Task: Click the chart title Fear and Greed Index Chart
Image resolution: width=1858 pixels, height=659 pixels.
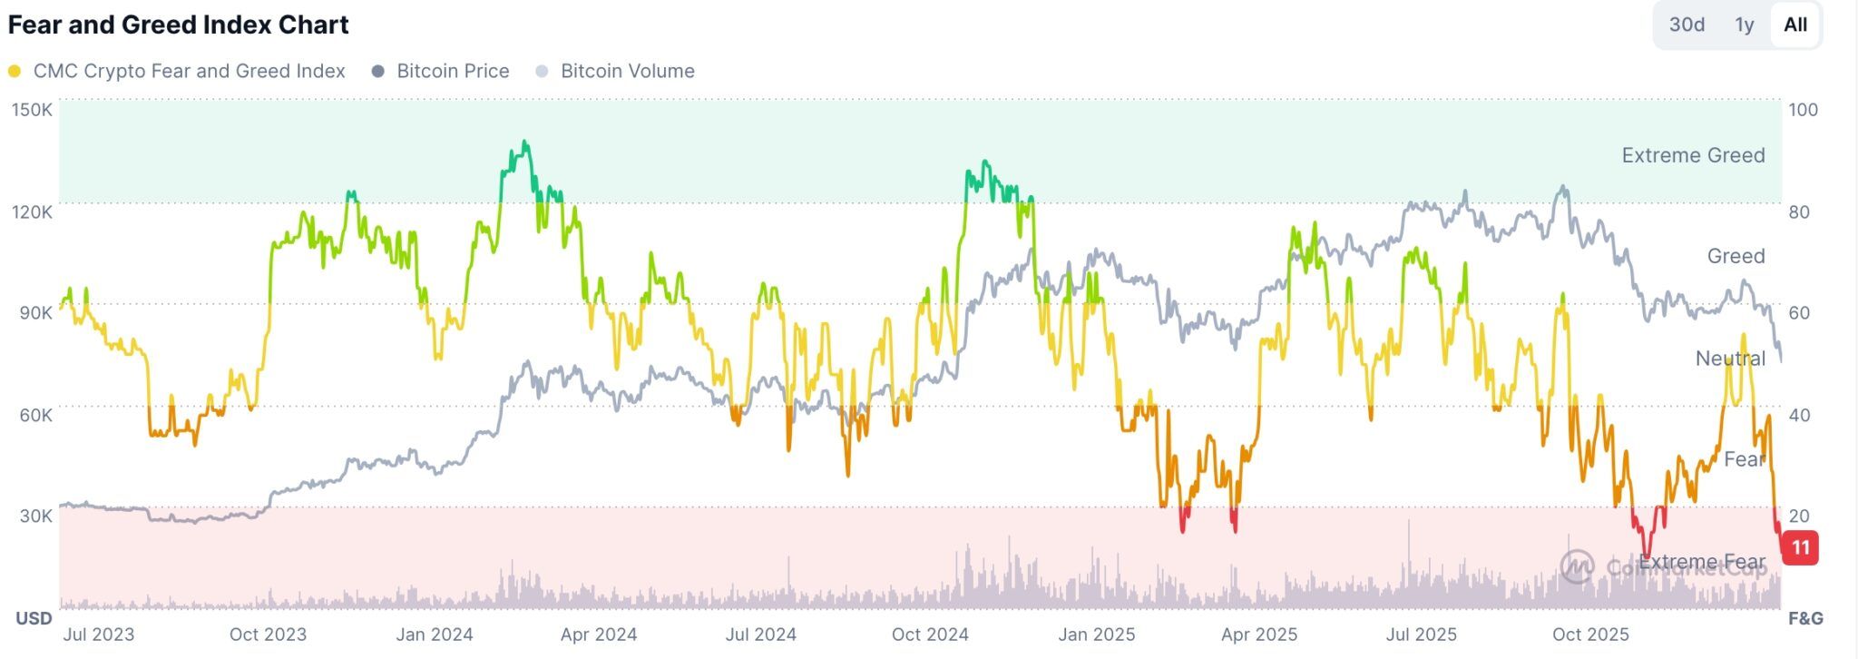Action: pos(178,25)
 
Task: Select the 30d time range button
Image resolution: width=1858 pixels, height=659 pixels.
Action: pos(1687,25)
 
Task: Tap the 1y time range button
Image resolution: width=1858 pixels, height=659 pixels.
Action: pos(1744,25)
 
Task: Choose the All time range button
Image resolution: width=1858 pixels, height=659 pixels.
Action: pos(1795,25)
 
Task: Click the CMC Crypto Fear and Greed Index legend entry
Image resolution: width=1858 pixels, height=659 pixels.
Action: pos(188,71)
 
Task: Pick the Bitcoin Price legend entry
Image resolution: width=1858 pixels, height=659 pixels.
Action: pos(452,71)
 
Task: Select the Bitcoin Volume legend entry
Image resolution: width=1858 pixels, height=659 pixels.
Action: pos(626,71)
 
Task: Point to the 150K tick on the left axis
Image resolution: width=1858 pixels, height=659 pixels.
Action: pos(32,110)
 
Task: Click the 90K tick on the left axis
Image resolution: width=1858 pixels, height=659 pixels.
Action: pos(35,313)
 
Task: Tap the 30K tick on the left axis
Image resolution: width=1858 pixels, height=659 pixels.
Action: pos(35,516)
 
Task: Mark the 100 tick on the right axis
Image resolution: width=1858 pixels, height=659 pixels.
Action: pos(1803,110)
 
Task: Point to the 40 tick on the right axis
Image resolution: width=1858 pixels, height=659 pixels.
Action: pos(1798,415)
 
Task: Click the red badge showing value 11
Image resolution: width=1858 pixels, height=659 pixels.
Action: pos(1800,547)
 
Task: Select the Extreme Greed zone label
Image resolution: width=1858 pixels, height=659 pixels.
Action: pos(1693,155)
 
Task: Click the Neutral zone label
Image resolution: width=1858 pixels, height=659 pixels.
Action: pos(1730,359)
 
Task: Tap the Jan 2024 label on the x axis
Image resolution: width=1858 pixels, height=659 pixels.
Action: pos(435,634)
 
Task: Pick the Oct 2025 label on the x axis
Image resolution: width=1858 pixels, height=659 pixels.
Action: pos(1590,634)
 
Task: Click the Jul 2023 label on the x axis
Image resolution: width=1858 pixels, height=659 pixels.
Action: pos(99,634)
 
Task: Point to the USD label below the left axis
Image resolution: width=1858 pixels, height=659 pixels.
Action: pos(34,618)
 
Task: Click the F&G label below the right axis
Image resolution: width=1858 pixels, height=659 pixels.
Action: pos(1805,618)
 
